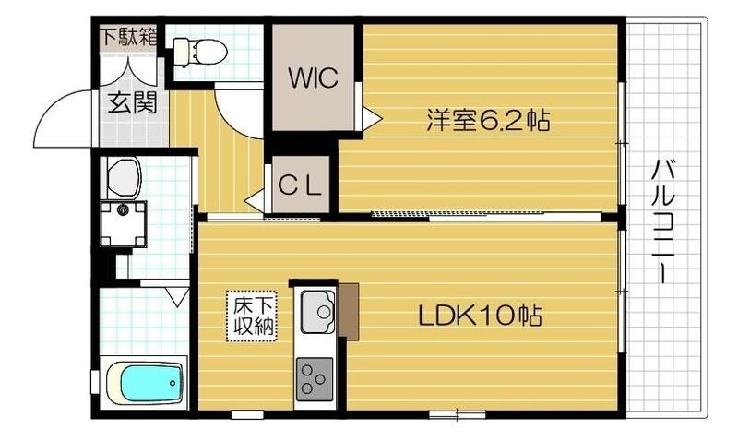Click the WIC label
(x=313, y=77)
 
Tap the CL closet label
(x=301, y=186)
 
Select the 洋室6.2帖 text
(x=488, y=121)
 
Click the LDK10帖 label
(x=480, y=316)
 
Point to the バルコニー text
(x=663, y=220)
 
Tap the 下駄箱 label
(x=128, y=38)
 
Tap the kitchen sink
(x=316, y=312)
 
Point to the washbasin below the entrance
(x=123, y=176)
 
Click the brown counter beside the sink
(x=349, y=310)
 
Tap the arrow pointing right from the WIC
(x=371, y=118)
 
